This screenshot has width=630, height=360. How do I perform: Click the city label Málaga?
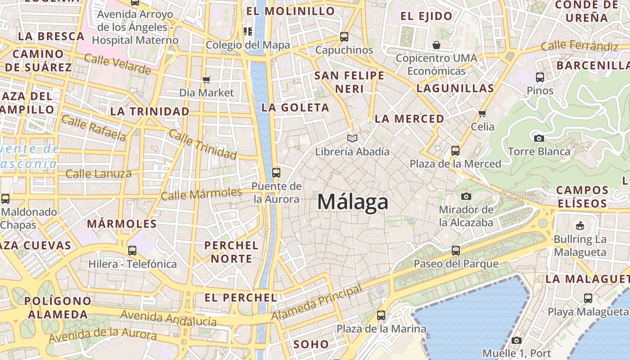coord(352,202)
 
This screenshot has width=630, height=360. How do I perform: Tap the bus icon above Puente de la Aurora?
coord(276,172)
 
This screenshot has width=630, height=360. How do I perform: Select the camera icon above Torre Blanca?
coord(539,138)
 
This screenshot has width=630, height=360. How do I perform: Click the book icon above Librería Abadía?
coord(352,138)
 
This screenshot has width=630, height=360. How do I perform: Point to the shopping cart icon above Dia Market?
coord(206,80)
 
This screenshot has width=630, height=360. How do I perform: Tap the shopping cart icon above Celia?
coord(482,113)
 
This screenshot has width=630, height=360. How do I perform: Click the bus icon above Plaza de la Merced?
coord(455,150)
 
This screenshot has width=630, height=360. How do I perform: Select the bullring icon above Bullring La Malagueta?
coord(580,225)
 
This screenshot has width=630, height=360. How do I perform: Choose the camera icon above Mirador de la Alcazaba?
coord(466,196)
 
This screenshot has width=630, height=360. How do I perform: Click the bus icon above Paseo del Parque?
coord(455,250)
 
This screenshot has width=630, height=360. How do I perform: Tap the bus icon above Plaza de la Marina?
coord(381,315)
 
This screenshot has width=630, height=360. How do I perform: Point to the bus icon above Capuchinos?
coord(344,36)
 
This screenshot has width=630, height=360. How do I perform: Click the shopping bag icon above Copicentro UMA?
coord(436,45)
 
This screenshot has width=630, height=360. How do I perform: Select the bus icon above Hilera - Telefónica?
coord(132,250)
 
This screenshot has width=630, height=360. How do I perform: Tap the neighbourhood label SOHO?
coord(311,345)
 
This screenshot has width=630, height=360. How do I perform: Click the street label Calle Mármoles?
coord(202,194)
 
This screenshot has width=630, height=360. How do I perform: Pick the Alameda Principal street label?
coord(317,303)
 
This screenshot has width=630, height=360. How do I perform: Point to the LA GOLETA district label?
coord(295,108)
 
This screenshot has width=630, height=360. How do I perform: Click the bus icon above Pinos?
coord(540,77)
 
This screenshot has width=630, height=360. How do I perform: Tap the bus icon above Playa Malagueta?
coord(588,298)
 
